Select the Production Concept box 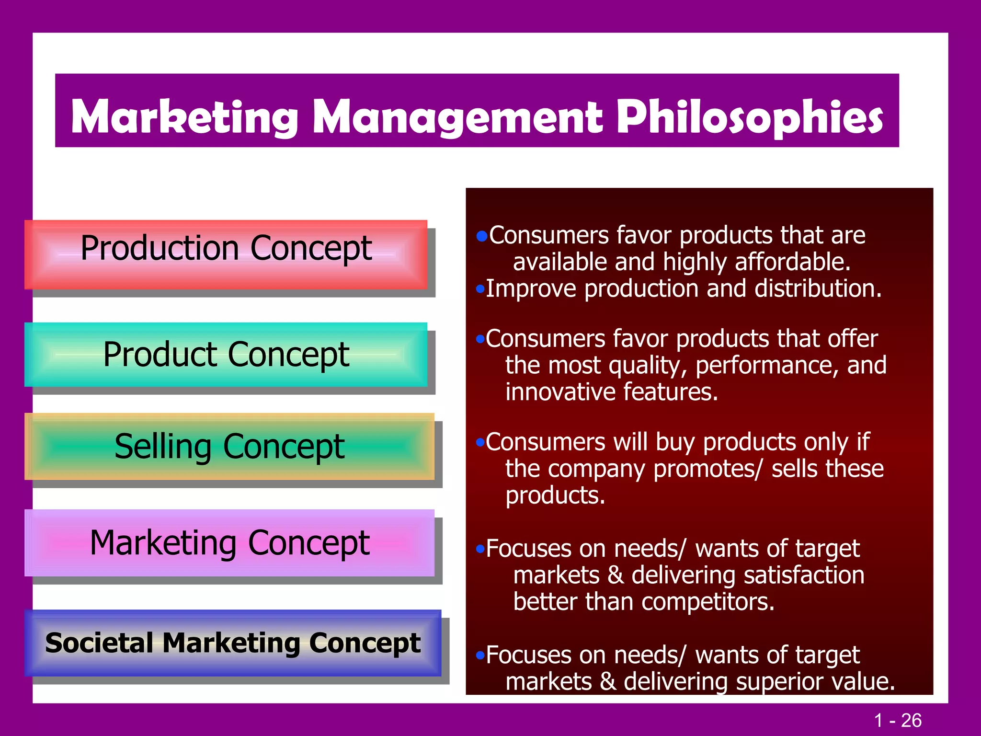[226, 254]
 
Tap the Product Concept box [226, 355]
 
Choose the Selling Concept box [229, 446]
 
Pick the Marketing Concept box [229, 542]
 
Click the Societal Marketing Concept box [233, 643]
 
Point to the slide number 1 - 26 [897, 720]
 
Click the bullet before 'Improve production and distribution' [480, 289]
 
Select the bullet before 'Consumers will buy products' [480, 442]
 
